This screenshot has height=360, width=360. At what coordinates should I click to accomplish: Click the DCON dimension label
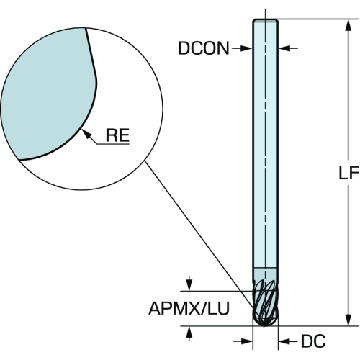tap(204, 48)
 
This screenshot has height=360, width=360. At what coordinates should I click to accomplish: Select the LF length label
tap(348, 173)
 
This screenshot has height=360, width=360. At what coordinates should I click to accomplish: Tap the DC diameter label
tap(313, 341)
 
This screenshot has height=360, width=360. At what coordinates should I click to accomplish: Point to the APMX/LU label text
tap(189, 308)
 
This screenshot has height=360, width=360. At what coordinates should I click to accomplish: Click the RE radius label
tap(117, 135)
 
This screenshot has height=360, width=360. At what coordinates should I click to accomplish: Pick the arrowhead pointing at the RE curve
tap(86, 135)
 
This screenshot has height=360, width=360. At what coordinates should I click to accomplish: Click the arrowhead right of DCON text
tap(246, 48)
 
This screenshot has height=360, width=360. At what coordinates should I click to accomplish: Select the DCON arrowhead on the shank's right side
tap(285, 48)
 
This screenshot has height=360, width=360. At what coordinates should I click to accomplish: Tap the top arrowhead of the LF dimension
tap(348, 26)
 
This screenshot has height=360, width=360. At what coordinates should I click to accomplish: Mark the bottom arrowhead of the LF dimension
tap(348, 319)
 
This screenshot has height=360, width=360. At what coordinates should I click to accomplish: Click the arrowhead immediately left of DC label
tap(285, 341)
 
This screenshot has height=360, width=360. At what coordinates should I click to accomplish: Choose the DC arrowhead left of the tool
tap(246, 341)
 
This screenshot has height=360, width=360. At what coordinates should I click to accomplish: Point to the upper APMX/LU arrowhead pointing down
tap(189, 285)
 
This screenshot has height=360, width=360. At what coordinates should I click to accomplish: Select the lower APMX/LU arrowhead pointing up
tap(189, 333)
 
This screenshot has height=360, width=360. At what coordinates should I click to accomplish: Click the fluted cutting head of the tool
tap(266, 303)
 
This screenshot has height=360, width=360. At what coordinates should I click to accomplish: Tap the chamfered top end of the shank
tap(266, 20)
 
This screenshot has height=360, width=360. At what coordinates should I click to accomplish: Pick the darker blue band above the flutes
tap(266, 274)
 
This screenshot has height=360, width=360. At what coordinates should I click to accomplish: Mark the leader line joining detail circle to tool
tap(199, 234)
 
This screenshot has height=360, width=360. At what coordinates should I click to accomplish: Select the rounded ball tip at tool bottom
tap(266, 322)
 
